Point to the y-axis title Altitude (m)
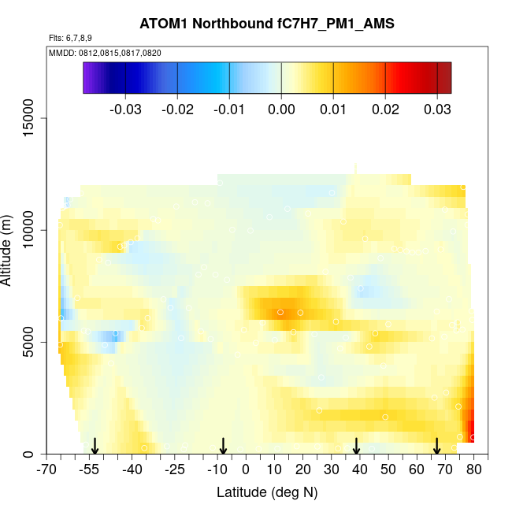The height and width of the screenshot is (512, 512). (x=7, y=249)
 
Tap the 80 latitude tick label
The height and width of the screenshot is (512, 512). (x=473, y=470)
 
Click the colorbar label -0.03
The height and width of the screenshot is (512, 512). (x=126, y=109)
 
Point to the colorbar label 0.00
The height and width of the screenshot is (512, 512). (x=281, y=109)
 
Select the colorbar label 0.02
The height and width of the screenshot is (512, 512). (x=385, y=109)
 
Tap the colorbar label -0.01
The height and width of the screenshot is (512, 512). (x=229, y=109)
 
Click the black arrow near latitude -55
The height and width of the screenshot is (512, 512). (x=95, y=447)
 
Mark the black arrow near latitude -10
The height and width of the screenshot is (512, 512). (x=223, y=447)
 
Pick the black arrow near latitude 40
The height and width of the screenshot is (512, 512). (x=356, y=447)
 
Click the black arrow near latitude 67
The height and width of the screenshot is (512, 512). (x=436, y=447)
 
